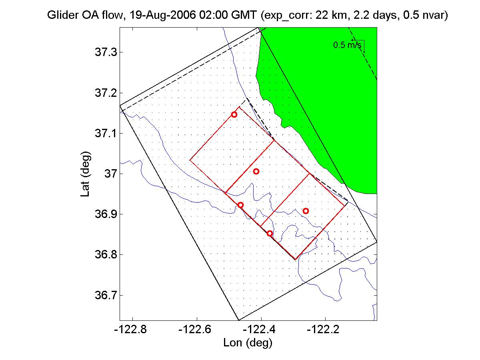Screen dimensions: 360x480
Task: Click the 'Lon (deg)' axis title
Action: pyautogui.click(x=248, y=343)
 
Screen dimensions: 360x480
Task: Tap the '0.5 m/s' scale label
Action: pyautogui.click(x=347, y=45)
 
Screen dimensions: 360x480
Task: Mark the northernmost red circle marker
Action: pyautogui.click(x=234, y=114)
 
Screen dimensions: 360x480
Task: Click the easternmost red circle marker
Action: pyautogui.click(x=306, y=211)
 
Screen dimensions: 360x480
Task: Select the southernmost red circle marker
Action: pyautogui.click(x=270, y=233)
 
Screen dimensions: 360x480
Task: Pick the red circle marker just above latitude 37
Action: pyautogui.click(x=256, y=171)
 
